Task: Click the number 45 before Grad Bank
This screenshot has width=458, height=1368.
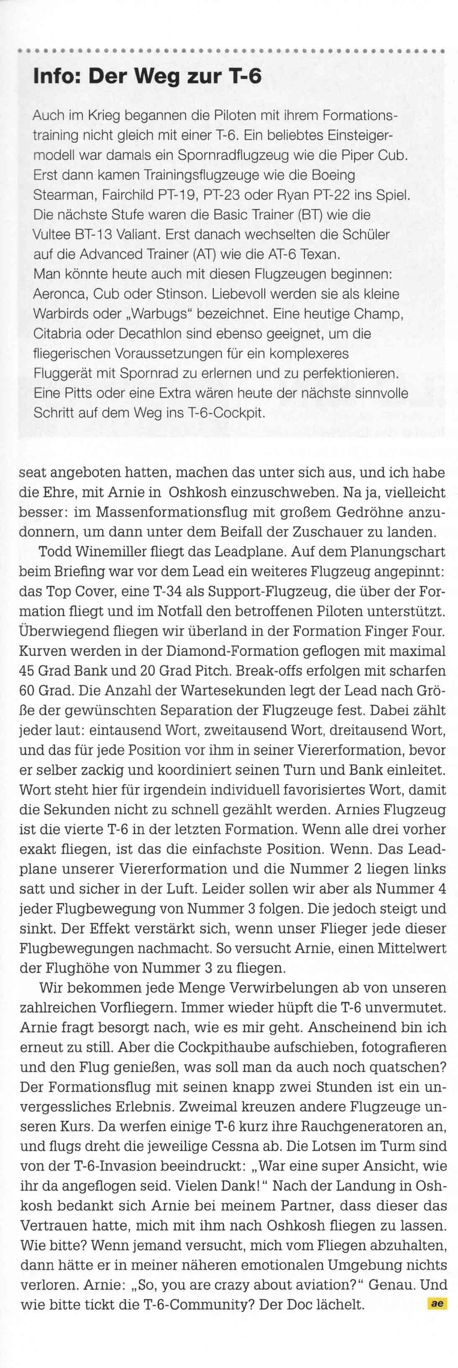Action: click(26, 671)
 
